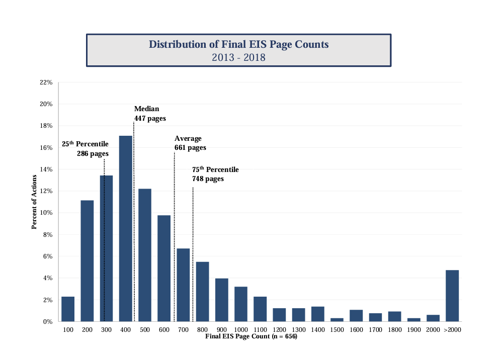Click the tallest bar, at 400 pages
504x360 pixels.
click(126, 228)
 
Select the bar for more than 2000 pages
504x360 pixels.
click(452, 296)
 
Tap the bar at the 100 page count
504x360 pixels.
click(68, 309)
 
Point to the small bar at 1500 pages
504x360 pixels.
click(337, 319)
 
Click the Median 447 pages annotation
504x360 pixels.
click(149, 114)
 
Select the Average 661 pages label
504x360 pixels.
click(190, 143)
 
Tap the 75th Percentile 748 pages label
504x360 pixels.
click(215, 174)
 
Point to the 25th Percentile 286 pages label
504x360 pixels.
click(85, 149)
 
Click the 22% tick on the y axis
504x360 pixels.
click(46, 82)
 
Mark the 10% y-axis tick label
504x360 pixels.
click(46, 213)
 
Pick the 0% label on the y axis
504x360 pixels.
click(47, 321)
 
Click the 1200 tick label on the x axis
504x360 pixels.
click(279, 329)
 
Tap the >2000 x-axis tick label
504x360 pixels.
click(452, 329)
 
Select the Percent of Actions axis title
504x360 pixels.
click(34, 202)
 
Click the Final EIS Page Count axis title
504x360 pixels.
click(251, 336)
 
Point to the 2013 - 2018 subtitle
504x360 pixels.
click(238, 57)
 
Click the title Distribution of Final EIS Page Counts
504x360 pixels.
click(238, 44)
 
